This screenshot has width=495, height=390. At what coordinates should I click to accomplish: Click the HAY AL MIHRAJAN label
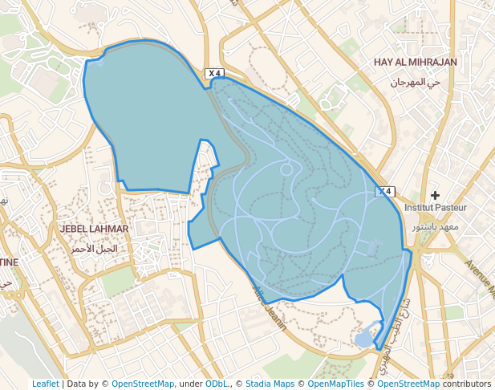click(x=415, y=62)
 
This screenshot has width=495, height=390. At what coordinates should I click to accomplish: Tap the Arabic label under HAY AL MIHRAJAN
click(x=416, y=82)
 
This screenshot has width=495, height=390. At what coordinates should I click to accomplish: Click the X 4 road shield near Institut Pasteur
click(x=386, y=191)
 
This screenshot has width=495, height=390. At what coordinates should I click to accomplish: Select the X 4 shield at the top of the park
click(x=213, y=73)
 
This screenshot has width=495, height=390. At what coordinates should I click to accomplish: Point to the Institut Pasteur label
click(x=435, y=207)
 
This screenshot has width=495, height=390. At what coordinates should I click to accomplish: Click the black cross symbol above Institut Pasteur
click(x=436, y=195)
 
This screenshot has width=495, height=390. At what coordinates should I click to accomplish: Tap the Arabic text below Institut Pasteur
click(x=435, y=227)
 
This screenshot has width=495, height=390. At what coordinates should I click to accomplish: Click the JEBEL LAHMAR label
click(x=94, y=229)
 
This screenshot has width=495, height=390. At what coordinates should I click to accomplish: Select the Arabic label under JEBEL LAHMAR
click(x=93, y=249)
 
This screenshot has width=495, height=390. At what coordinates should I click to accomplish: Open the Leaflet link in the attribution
click(x=45, y=384)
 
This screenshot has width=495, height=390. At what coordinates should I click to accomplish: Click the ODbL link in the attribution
click(x=216, y=384)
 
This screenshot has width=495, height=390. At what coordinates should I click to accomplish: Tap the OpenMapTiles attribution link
click(x=336, y=384)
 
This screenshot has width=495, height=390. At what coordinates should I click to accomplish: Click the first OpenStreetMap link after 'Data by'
click(x=142, y=384)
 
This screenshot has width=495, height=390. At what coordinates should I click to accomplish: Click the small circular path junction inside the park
click(x=286, y=169)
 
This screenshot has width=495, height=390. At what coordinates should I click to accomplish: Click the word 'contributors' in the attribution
click(x=465, y=384)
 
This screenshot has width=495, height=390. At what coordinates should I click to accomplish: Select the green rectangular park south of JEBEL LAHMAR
click(x=118, y=281)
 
